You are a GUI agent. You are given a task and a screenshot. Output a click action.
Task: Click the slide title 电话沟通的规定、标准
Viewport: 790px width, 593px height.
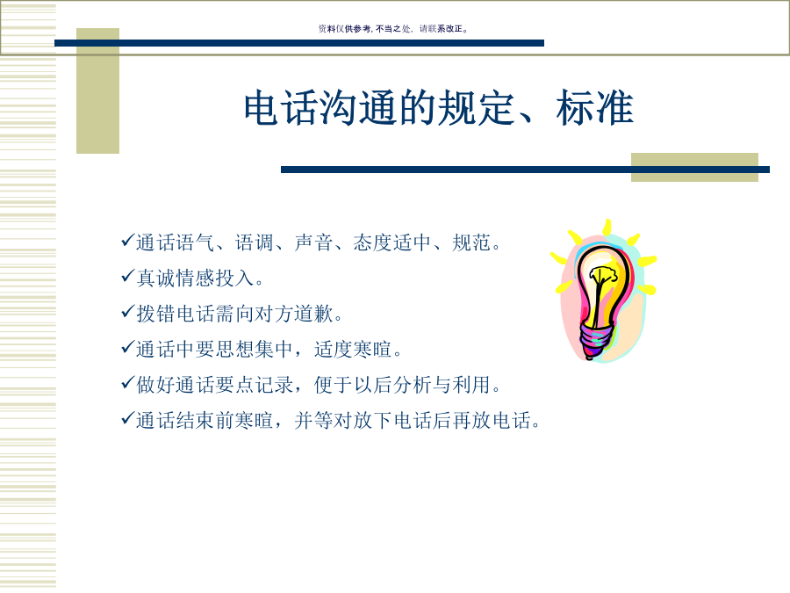tap(438, 107)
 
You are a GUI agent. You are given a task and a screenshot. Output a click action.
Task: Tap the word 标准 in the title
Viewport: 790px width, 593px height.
tap(594, 107)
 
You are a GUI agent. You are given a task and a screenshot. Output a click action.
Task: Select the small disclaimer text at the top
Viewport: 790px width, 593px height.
tap(393, 29)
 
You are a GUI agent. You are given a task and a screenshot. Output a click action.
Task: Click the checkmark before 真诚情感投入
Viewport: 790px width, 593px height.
tap(128, 277)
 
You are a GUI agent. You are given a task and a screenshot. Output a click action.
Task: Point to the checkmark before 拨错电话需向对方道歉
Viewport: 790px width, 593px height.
tap(128, 312)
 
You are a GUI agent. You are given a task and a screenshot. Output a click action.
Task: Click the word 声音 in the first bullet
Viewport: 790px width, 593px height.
tap(314, 242)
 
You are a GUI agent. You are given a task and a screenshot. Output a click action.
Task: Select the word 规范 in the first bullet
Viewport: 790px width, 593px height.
tap(471, 242)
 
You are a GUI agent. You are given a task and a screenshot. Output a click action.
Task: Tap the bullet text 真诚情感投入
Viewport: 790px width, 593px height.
tap(196, 278)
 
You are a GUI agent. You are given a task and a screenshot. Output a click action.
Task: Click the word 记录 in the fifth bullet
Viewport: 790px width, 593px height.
tap(274, 385)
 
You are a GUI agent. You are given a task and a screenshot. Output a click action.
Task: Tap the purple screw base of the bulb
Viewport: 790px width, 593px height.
tap(596, 339)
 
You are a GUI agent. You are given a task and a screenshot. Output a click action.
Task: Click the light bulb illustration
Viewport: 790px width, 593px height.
tap(603, 291)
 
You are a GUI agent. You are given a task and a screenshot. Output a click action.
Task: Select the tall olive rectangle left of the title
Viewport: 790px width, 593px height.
tap(97, 90)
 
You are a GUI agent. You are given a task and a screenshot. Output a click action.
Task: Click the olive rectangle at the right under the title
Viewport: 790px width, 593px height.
tap(694, 168)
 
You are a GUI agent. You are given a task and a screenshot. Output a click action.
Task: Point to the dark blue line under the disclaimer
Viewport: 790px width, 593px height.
tap(299, 43)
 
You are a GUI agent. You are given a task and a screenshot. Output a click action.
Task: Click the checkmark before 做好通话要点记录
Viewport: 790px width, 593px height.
tap(128, 383)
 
